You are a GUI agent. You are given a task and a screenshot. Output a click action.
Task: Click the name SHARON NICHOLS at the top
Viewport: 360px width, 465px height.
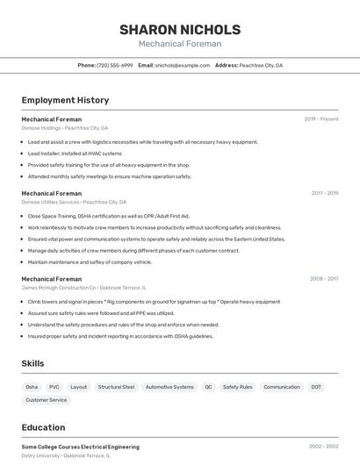coord(180,29)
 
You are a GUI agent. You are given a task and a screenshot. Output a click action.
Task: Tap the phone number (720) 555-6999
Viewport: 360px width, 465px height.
coord(114,65)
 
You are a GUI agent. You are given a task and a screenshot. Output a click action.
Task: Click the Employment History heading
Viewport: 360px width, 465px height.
coord(65,100)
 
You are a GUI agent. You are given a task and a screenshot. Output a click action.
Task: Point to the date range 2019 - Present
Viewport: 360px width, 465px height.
coord(320,119)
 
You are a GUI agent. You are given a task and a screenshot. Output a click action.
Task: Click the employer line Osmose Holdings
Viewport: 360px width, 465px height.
coord(59,127)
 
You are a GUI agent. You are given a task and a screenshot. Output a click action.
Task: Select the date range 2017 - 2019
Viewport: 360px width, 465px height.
coord(324,193)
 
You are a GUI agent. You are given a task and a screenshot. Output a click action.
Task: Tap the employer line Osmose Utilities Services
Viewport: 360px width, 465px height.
coord(74,202)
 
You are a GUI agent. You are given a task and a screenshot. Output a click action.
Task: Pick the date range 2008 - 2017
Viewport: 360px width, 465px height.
coord(324,279)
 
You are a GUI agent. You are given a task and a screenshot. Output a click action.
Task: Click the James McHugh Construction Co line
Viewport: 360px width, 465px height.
coord(83,288)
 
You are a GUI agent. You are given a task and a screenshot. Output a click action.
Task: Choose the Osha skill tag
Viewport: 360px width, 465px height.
coord(32,387)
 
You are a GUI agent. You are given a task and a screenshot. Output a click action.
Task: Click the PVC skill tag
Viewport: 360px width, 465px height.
coord(54,387)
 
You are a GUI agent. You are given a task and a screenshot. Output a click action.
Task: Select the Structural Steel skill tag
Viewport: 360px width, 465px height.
coord(116,387)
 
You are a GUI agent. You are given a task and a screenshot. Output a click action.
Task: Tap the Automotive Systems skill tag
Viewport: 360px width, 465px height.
coord(169,387)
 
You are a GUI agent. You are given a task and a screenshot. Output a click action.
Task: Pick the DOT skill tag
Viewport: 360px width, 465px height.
coord(316,387)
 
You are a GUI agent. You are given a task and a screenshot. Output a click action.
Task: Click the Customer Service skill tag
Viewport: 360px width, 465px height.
coord(47,400)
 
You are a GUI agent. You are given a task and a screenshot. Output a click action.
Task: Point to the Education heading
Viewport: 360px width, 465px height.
coord(43,427)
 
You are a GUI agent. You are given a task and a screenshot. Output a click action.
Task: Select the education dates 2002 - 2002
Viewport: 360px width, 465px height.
coord(323,447)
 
